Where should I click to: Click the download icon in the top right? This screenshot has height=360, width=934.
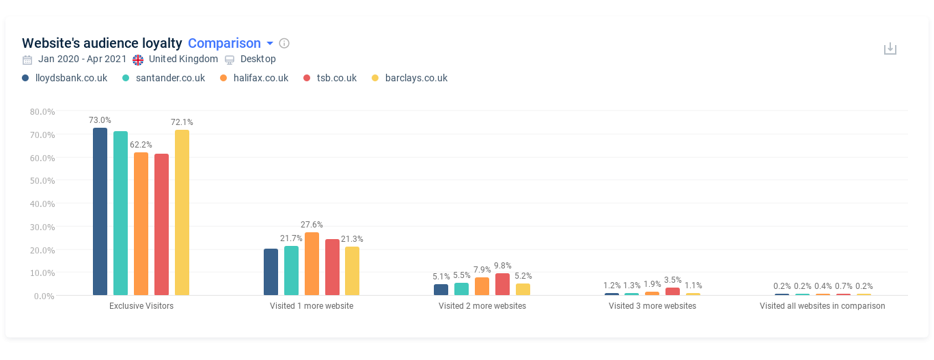[x=890, y=49]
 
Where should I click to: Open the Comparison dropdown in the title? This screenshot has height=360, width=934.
[x=230, y=44]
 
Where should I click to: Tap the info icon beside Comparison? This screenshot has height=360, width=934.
[x=284, y=44]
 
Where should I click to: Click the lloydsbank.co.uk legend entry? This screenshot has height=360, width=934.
[x=71, y=78]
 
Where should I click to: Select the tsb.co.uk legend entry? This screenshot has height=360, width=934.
[x=336, y=78]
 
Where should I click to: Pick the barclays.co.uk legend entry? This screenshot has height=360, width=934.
[x=415, y=78]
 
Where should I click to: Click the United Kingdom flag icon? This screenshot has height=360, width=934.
[x=139, y=59]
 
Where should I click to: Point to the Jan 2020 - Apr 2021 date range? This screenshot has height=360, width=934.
[x=83, y=59]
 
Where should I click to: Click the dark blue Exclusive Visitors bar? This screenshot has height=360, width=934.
[x=100, y=212]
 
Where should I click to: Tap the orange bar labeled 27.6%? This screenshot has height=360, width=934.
[x=312, y=264]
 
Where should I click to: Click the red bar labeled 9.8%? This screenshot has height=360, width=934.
[x=502, y=284]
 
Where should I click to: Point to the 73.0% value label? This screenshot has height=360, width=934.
[x=100, y=120]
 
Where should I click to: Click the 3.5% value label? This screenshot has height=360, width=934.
[x=673, y=279]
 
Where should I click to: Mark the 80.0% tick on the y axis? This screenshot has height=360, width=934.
[x=42, y=111]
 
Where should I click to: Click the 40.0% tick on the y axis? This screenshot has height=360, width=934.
[x=42, y=204]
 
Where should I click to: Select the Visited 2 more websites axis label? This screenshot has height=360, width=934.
[x=482, y=306]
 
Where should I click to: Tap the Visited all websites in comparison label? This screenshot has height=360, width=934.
[x=822, y=306]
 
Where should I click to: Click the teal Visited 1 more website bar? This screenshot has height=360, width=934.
[x=291, y=271]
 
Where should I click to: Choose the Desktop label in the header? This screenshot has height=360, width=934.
[x=258, y=59]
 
